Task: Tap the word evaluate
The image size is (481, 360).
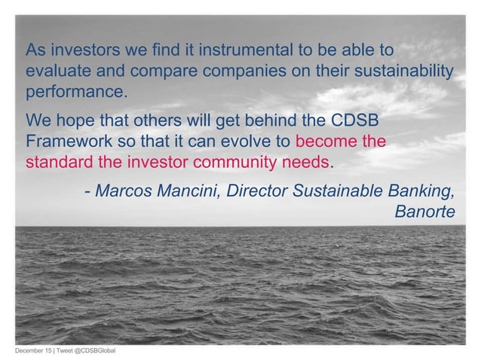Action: [x=58, y=73]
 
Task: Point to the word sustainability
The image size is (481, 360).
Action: [x=403, y=73]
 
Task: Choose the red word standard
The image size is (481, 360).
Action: [x=57, y=163]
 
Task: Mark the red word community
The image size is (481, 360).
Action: [x=246, y=163]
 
